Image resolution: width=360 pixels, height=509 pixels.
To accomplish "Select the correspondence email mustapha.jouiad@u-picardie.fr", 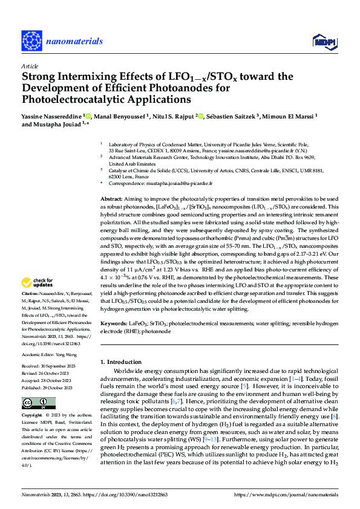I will (184, 183).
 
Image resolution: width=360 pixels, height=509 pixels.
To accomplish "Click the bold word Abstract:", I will (110, 199).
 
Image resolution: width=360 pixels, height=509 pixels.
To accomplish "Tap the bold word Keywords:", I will (113, 325).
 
